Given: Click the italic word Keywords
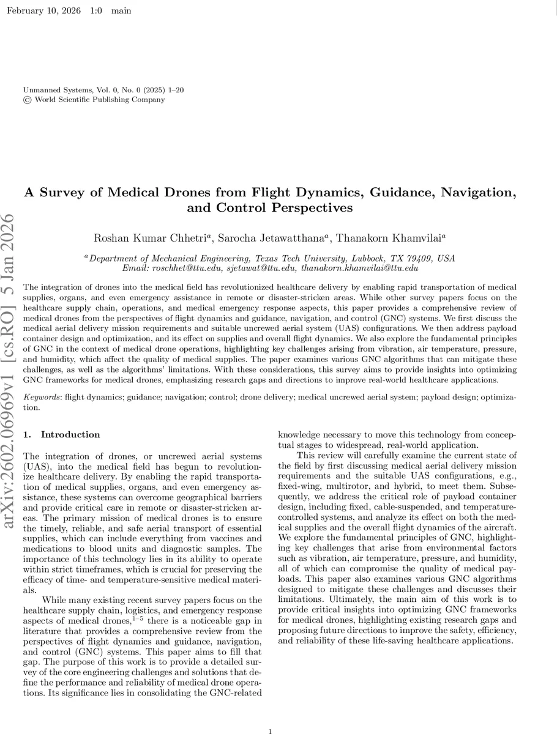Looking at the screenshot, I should pyautogui.click(x=42, y=398).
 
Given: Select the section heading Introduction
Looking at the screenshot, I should pyautogui.click(x=70, y=435).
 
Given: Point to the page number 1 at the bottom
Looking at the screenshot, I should pyautogui.click(x=271, y=731).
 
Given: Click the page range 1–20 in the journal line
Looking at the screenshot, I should pyautogui.click(x=174, y=90).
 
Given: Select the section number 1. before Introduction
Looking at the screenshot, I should pyautogui.click(x=26, y=435).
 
